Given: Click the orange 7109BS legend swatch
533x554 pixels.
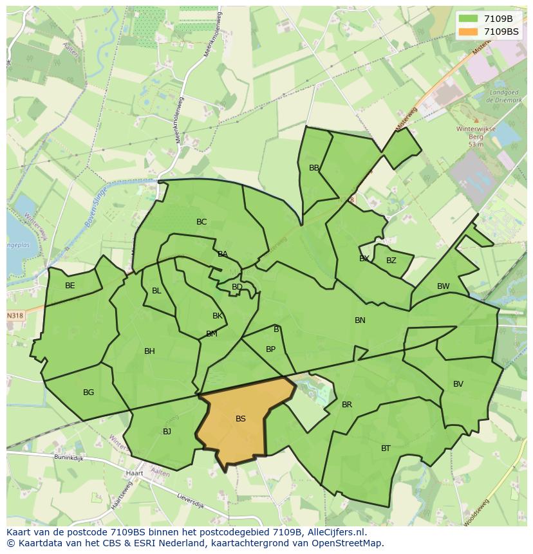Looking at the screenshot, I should (469, 32).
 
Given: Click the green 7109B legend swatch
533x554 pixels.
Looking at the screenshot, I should (469, 19).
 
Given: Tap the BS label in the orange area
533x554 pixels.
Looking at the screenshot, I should (241, 419).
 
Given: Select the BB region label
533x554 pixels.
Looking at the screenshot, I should (314, 168).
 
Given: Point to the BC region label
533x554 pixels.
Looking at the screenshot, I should (201, 222).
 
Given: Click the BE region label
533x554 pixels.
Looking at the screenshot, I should (70, 286).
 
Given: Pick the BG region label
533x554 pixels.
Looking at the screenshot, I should (89, 392).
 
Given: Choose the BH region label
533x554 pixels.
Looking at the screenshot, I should (149, 351).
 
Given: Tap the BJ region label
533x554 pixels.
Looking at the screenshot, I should (167, 432).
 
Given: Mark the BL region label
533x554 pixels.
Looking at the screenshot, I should (156, 291).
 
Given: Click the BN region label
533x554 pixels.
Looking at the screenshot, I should (360, 320).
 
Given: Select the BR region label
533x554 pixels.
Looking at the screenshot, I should (347, 405).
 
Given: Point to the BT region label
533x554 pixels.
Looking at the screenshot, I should (386, 448).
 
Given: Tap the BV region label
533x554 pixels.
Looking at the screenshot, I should (458, 384).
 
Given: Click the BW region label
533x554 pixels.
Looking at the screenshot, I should (444, 286).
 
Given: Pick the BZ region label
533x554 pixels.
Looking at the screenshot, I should (391, 261).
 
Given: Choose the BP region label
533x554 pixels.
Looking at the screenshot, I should (270, 349).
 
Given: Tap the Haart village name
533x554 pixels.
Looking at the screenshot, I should (135, 474).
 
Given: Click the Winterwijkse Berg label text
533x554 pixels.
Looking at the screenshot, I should (476, 133).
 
